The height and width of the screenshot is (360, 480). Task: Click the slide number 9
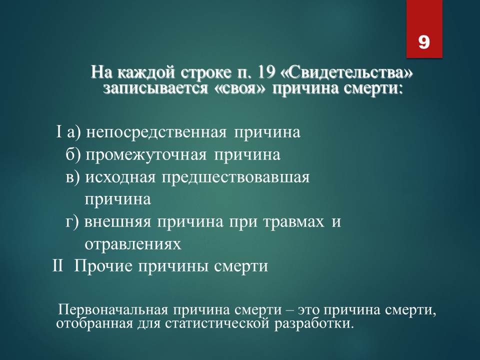424,42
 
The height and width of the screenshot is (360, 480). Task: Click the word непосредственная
156,132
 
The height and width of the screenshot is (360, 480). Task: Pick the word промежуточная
146,155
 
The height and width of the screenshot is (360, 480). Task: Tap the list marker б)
73,154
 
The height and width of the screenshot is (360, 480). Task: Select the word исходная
120,177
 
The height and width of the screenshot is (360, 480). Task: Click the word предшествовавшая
235,177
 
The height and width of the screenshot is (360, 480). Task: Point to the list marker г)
72,221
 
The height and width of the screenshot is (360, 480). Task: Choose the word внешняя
118,222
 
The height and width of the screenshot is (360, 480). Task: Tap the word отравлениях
133,244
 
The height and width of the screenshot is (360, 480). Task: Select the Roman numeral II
57,265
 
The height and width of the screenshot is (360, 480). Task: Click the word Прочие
104,265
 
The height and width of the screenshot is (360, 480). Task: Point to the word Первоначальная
113,310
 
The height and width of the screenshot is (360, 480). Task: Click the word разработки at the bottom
314,324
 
